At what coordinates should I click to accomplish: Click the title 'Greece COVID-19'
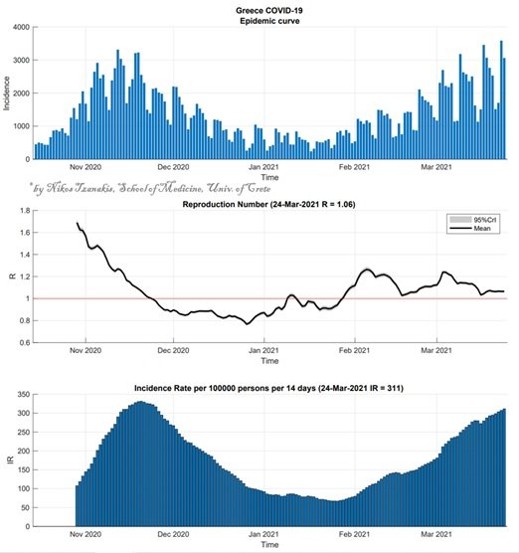click(x=269, y=10)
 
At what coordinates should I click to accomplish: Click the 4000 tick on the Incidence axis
click(x=21, y=27)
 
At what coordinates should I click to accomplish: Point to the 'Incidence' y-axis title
click(x=6, y=93)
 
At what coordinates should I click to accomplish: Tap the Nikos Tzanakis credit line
click(x=150, y=188)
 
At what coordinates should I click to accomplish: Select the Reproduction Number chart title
click(x=268, y=204)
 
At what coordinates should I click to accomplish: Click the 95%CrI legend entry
click(x=473, y=220)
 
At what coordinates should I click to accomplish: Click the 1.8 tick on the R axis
click(x=25, y=211)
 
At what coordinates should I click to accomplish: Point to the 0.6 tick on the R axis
click(x=25, y=342)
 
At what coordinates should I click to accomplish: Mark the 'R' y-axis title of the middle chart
click(x=13, y=276)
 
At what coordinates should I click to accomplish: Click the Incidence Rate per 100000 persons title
click(x=268, y=388)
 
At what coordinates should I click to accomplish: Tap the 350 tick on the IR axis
click(x=24, y=394)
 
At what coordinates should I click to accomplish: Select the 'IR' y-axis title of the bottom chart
click(x=11, y=460)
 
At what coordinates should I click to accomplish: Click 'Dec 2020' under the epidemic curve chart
click(x=173, y=167)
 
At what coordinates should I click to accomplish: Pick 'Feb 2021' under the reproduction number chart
click(x=354, y=350)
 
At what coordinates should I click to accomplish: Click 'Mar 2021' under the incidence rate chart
click(x=436, y=534)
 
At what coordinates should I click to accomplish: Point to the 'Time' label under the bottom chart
click(x=269, y=544)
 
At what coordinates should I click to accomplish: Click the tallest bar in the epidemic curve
click(x=501, y=99)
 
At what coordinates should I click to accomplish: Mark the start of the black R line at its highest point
click(x=77, y=222)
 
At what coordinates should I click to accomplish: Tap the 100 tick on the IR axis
click(x=24, y=488)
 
